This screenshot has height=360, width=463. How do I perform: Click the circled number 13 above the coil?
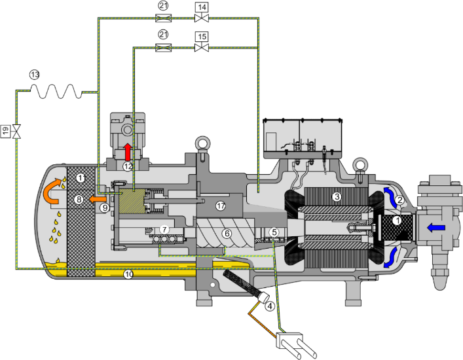click(x=35, y=75)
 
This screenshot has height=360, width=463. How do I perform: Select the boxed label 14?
click(x=202, y=7)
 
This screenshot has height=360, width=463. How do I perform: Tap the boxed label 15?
click(x=202, y=37)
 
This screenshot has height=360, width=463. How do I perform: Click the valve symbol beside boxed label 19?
click(x=17, y=132)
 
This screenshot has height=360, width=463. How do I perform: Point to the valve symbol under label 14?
click(x=202, y=18)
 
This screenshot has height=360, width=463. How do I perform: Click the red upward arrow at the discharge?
click(x=128, y=152)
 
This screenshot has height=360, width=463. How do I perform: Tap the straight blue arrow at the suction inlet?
click(x=436, y=227)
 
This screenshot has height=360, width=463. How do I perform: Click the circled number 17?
click(x=221, y=206)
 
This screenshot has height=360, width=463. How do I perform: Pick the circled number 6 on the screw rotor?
click(x=227, y=234)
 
